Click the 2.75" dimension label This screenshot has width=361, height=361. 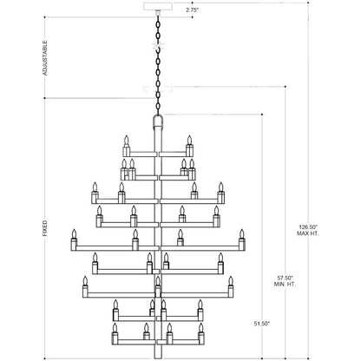(x=193, y=10)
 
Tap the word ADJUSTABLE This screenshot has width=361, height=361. (x=45, y=58)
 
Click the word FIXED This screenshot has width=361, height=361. (x=45, y=228)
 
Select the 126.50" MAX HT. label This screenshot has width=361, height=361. (x=308, y=230)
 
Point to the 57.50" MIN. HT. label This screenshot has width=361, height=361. (x=286, y=281)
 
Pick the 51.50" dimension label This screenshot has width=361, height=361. (x=262, y=324)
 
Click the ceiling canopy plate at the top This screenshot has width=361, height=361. (x=158, y=6)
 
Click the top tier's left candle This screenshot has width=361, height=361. (x=126, y=146)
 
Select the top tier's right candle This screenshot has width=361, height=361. (x=189, y=146)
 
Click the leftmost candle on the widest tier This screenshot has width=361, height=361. (x=74, y=240)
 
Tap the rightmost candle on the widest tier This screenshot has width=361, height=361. (x=242, y=240)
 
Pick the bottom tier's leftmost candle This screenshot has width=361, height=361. (x=115, y=334)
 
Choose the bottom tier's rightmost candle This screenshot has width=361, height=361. (x=201, y=334)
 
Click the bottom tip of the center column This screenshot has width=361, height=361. (x=158, y=358)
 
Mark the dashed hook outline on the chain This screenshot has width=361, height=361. (x=158, y=46)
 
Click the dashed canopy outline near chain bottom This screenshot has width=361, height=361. (x=158, y=89)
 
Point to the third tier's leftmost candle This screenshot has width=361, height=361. (x=95, y=193)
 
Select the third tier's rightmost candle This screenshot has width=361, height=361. (x=221, y=193)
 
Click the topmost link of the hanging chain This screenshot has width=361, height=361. (x=158, y=20)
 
